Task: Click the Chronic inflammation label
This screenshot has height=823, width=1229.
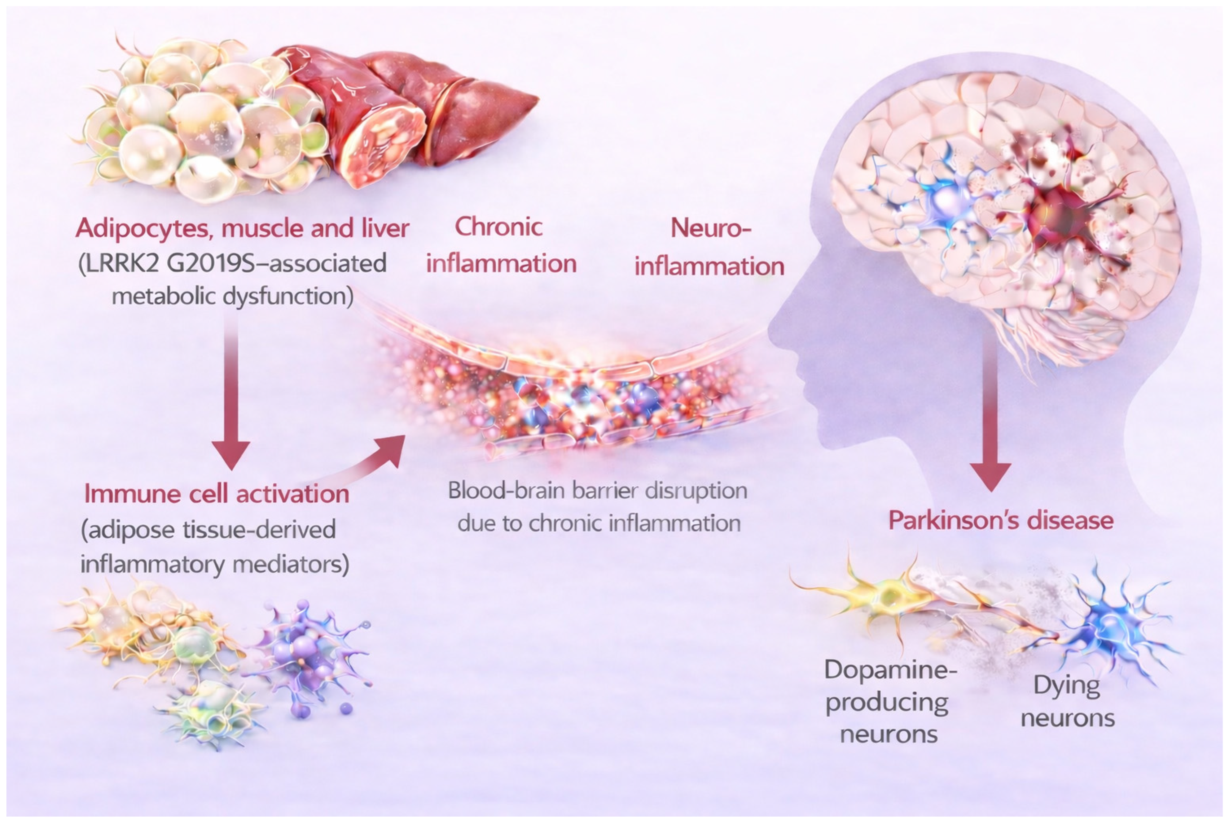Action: pyautogui.click(x=501, y=246)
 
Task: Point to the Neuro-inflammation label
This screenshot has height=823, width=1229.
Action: pyautogui.click(x=709, y=248)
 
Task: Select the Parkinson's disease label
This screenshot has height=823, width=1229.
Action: pyautogui.click(x=1001, y=520)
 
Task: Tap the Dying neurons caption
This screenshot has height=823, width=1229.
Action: pyautogui.click(x=1067, y=701)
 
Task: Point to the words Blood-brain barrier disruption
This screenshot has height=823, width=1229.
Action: pyautogui.click(x=598, y=491)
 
